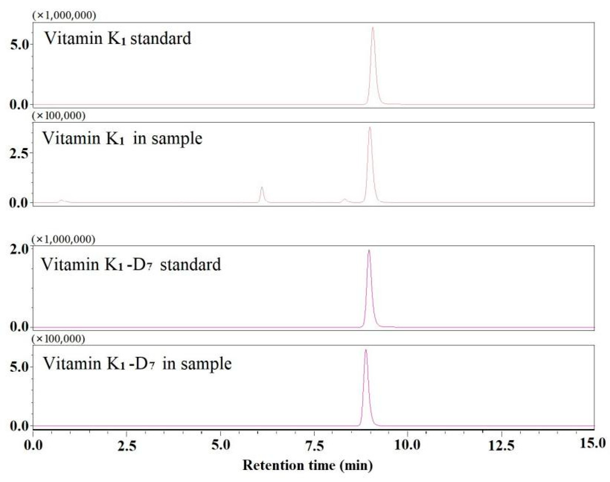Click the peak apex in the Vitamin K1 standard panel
373,27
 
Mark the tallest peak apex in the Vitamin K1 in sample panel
370,127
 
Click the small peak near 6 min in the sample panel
262,187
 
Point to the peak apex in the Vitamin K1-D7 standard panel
369,250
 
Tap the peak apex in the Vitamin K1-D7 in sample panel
366,350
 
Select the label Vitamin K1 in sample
122,138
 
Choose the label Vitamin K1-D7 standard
131,265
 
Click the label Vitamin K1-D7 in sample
137,364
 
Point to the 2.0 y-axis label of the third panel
19,249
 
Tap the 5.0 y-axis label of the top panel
19,45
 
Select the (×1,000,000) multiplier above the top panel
64,15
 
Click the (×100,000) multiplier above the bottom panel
59,339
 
